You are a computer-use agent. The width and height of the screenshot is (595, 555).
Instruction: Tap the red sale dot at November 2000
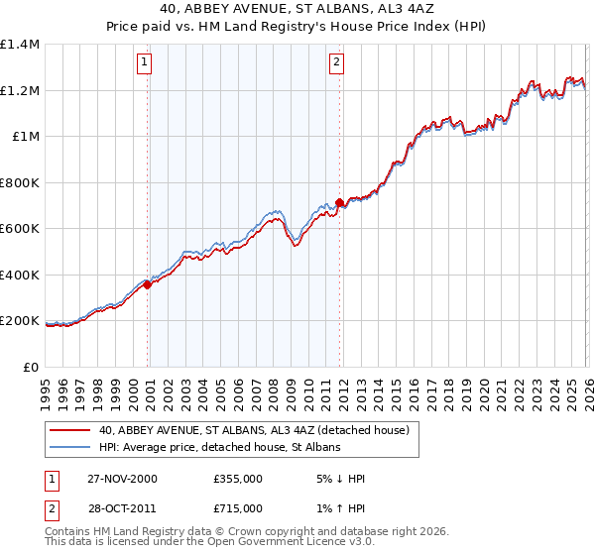148,285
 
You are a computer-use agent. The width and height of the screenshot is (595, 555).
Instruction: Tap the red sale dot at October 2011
339,202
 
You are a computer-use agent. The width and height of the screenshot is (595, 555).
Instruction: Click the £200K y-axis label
20,321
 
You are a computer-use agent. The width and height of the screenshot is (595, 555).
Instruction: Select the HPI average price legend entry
219,448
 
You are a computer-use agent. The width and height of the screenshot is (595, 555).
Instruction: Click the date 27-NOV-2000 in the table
122,479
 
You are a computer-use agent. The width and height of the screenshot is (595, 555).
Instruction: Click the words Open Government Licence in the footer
268,544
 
